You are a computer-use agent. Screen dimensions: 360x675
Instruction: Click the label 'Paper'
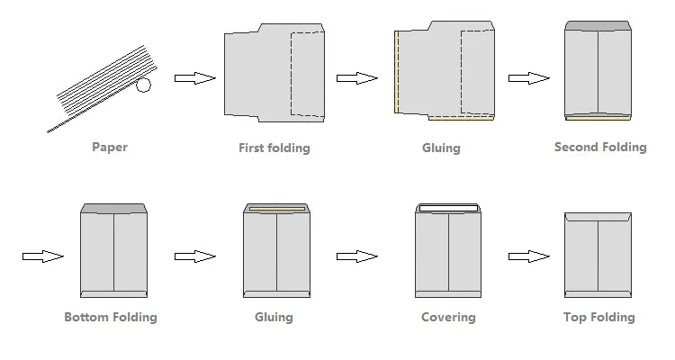pos(110,147)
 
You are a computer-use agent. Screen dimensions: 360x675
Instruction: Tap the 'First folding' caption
pos(274,148)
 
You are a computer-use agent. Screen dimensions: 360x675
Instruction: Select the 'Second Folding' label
pos(599,147)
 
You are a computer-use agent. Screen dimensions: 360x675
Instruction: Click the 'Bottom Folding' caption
pos(111,317)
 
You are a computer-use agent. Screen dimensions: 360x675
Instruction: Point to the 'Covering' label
pos(448,317)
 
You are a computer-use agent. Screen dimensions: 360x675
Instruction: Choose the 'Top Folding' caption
pos(598,317)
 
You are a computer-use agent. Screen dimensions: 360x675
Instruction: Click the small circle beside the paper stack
pos(143,85)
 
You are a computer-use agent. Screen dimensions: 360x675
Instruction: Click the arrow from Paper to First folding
pos(193,78)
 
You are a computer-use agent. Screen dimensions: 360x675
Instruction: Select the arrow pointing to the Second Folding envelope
pos(528,78)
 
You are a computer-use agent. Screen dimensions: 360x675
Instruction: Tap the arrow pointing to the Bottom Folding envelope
pos(42,256)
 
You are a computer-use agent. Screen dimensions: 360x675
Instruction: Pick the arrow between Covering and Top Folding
pos(528,256)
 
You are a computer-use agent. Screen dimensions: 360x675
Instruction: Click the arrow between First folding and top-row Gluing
pos(356,78)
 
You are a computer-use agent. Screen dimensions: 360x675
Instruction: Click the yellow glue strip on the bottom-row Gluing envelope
pos(276,211)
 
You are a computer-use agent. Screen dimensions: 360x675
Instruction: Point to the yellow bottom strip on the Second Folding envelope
pos(598,116)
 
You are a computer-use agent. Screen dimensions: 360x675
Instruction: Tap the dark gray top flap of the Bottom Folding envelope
pos(113,209)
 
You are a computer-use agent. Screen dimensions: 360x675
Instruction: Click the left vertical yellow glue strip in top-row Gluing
pos(395,72)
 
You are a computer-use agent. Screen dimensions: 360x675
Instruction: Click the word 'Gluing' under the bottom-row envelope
pos(276,317)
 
